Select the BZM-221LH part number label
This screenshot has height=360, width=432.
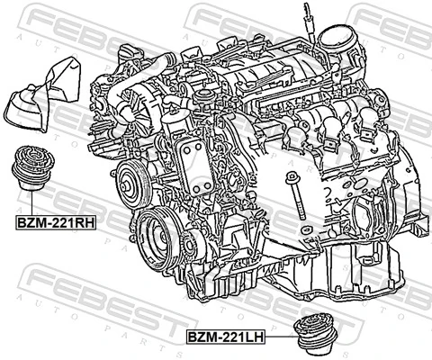click(225, 336)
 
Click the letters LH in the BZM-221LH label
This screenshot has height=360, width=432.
click(253, 336)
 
